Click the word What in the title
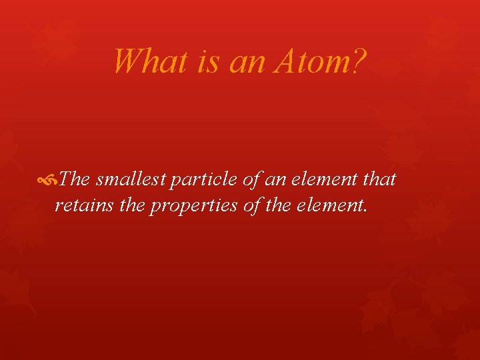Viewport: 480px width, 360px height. (151, 61)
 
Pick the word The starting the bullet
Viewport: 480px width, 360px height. (74, 179)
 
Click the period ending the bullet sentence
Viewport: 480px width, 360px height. (365, 210)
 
